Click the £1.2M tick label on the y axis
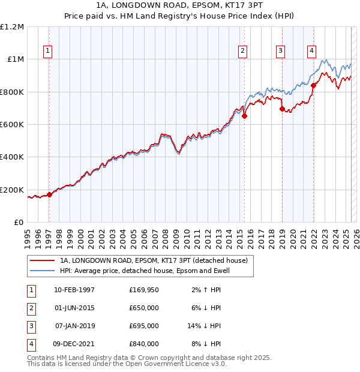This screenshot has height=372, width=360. [12, 27]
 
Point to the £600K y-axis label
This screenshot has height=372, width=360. [12, 125]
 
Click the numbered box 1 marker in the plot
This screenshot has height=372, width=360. [48, 52]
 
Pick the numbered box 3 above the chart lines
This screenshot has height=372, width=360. [280, 52]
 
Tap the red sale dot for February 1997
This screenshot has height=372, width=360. [49, 194]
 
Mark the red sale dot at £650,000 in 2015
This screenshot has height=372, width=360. [244, 116]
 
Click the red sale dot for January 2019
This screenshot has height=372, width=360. [282, 109]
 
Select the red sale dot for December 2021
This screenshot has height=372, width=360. [313, 86]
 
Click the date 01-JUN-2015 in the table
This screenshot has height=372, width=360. [74, 308]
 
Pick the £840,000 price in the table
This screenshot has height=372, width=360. [143, 344]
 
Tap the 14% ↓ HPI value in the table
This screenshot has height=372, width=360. [205, 326]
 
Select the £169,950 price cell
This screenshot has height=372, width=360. [143, 290]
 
